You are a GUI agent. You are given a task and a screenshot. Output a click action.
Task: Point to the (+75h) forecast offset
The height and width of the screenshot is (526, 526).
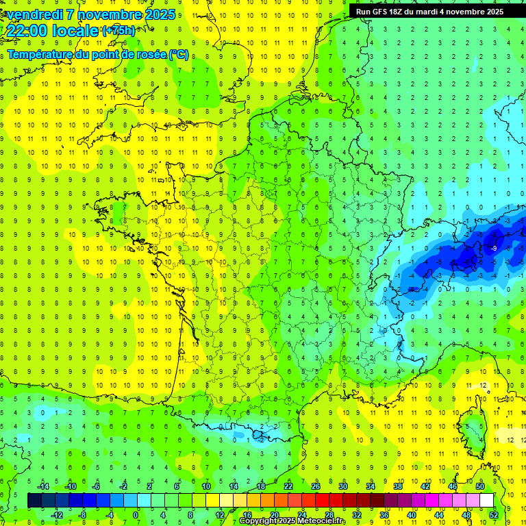[118, 31]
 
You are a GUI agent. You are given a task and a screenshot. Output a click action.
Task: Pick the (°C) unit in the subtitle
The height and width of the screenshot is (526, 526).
[179, 54]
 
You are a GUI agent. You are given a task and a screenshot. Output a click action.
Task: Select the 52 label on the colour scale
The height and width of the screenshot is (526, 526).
[494, 515]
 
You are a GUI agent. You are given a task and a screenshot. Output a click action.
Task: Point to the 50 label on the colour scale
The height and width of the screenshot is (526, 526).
[480, 486]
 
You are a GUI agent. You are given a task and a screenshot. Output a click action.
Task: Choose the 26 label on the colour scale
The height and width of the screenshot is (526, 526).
[316, 486]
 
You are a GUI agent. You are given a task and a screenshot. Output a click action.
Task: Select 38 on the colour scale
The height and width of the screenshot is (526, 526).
[398, 486]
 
